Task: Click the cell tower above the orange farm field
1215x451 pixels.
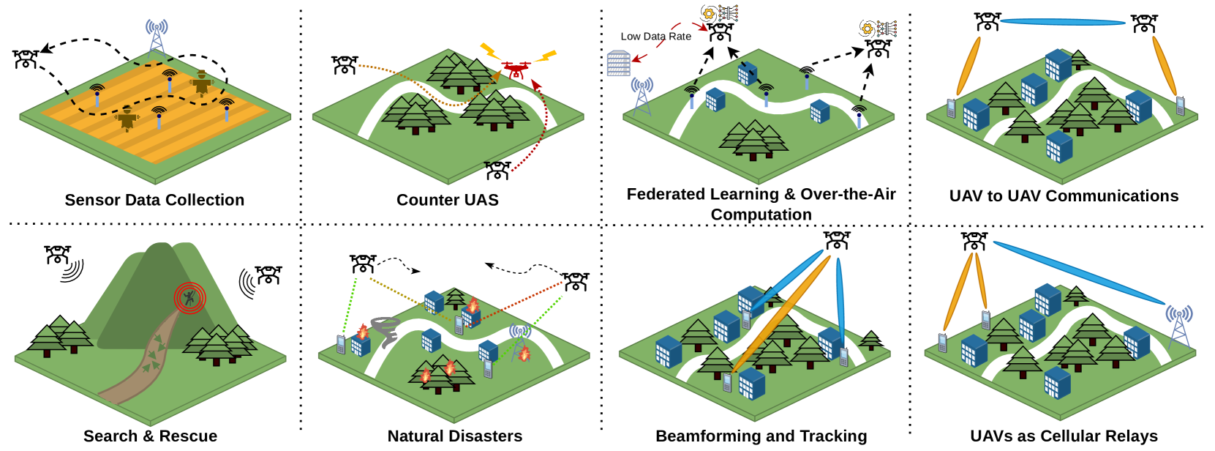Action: [x=157, y=37]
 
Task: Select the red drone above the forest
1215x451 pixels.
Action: [x=516, y=70]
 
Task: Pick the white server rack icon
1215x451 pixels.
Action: [x=618, y=64]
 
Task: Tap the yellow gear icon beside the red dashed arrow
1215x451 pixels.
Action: [x=708, y=14]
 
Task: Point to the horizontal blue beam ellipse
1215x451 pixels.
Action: [x=1062, y=22]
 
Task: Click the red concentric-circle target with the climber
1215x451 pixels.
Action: [x=189, y=298]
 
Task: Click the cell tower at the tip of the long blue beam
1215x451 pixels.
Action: [x=1178, y=326]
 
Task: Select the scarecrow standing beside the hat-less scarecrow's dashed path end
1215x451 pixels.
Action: [x=201, y=83]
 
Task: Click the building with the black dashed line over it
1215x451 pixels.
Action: [x=747, y=72]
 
